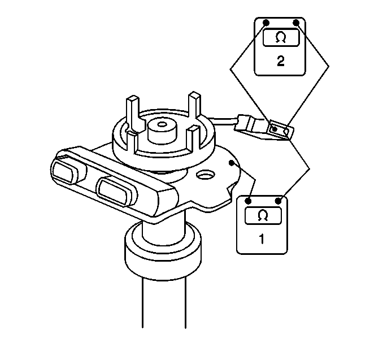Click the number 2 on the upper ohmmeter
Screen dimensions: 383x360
281,61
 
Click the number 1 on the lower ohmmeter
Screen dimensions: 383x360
262,239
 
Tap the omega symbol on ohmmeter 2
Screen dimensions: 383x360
281,38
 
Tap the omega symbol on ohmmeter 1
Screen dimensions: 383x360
263,215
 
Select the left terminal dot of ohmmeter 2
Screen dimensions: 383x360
266,23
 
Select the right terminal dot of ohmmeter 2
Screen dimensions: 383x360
296,23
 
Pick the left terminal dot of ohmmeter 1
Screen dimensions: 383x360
248,201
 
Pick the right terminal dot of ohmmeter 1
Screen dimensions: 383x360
278,201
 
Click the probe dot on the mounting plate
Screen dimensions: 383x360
231,163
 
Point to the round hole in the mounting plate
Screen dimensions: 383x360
206,175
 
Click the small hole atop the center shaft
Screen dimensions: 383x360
162,124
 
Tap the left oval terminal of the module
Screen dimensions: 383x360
63,172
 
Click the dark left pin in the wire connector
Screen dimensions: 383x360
275,129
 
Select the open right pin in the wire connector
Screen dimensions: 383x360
286,132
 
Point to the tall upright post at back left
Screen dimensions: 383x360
133,114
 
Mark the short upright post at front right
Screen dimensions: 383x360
193,138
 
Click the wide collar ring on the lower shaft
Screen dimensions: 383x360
163,250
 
